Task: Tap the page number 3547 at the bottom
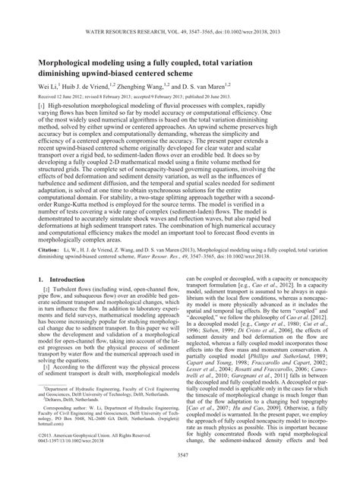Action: [x=180, y=475]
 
